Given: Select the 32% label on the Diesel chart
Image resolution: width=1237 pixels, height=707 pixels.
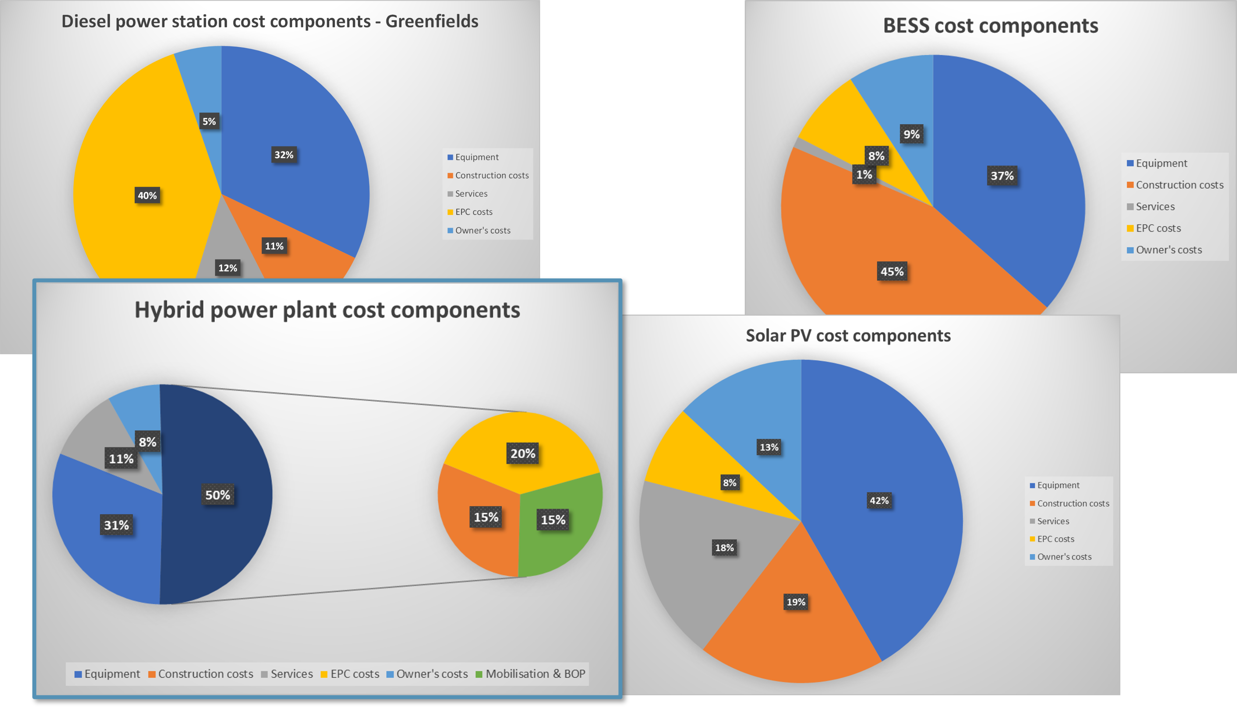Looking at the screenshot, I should coord(284,155).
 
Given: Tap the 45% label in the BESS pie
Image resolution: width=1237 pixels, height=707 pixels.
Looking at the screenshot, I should coord(892,271).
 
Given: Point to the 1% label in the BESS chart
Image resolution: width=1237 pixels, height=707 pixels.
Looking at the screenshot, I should coord(864,175).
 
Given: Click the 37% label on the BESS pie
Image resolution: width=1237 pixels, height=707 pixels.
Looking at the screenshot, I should coord(1002,176).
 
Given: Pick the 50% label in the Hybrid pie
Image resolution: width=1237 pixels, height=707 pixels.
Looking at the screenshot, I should coord(217,495).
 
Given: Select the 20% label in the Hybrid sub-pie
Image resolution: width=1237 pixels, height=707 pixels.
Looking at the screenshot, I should coord(523,453).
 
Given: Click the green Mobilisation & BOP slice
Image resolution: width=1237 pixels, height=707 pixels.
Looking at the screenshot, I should coord(568,544).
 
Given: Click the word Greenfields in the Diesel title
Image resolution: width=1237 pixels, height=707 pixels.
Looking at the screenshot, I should coord(431,21).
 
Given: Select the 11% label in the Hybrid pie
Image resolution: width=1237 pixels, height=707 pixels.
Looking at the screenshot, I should coord(121,459).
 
